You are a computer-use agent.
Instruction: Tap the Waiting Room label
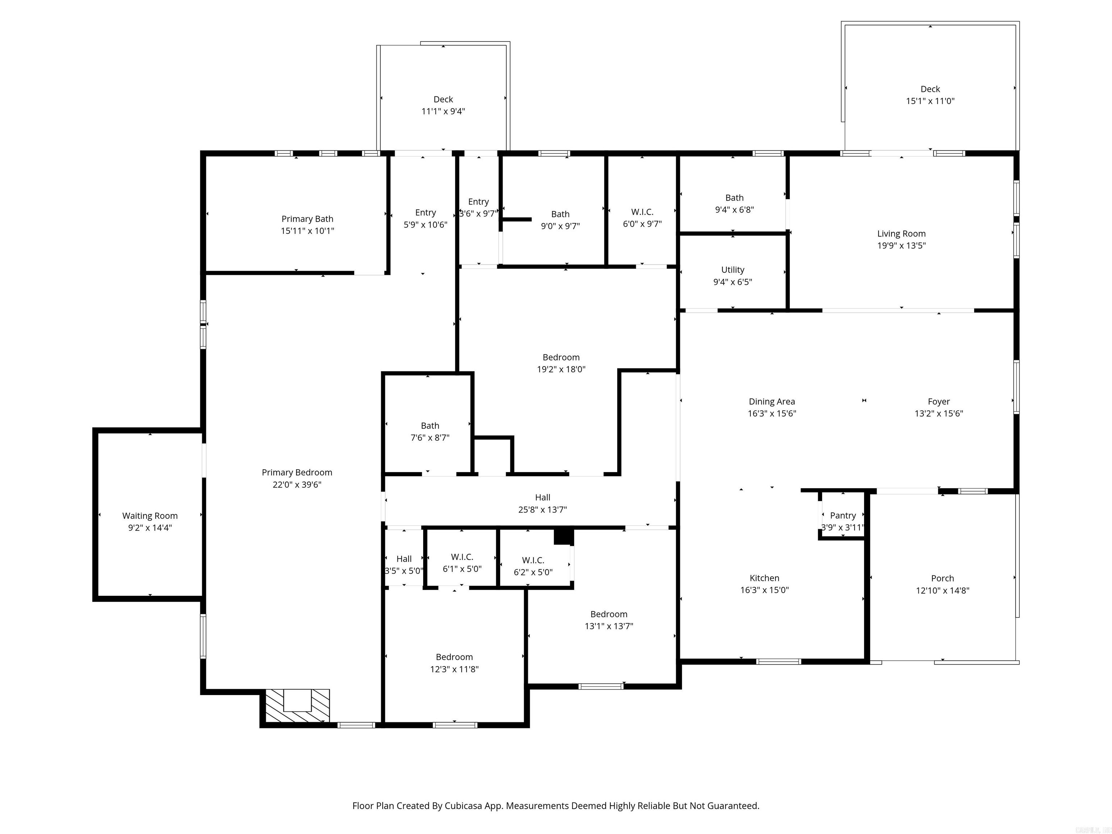click(150, 516)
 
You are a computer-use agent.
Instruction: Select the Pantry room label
click(843, 515)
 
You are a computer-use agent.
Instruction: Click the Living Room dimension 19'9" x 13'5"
click(901, 246)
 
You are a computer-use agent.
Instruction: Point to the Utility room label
click(732, 270)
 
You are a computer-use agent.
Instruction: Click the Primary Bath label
click(307, 219)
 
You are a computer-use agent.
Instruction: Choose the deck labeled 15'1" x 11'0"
click(930, 95)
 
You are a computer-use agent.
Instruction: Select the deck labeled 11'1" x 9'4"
click(443, 105)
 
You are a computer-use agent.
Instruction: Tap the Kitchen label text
click(764, 578)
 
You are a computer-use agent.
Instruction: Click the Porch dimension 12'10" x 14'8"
click(942, 591)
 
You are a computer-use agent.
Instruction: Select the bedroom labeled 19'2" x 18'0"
click(561, 363)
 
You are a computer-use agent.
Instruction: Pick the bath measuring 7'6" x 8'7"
click(430, 431)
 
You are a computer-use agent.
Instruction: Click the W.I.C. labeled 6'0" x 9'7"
click(642, 218)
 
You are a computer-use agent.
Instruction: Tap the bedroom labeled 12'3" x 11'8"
click(454, 662)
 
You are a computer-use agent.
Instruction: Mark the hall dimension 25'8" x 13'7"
click(543, 510)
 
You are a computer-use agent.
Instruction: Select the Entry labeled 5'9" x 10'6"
click(425, 219)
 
